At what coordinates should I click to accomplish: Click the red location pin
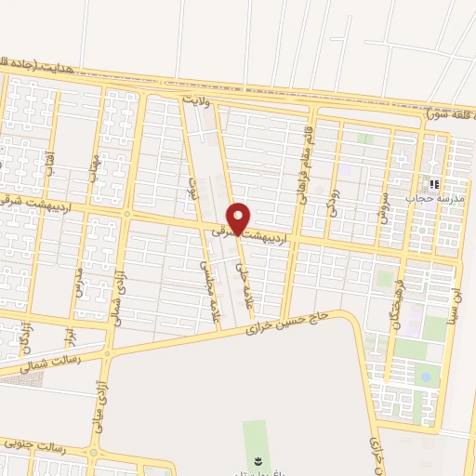[239, 218]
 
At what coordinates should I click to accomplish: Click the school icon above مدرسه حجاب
[432, 184]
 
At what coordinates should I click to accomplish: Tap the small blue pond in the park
[425, 377]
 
